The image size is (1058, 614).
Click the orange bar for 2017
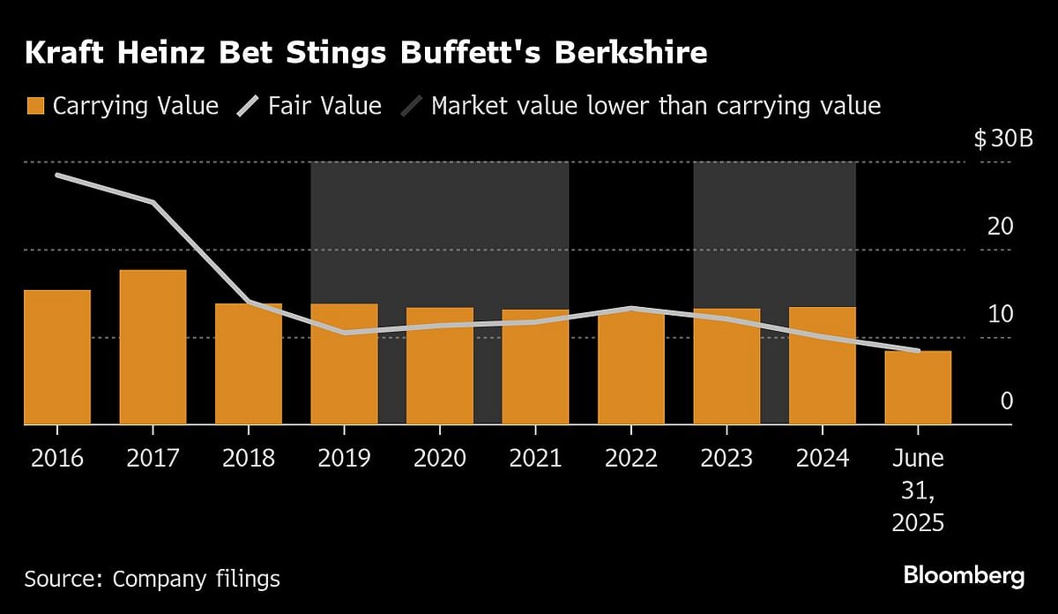153,348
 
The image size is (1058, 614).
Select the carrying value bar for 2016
57,357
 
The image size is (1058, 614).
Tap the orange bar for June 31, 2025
918,388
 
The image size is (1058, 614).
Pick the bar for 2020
439,366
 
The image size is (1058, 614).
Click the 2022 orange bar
630,367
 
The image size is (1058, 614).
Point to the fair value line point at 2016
57,176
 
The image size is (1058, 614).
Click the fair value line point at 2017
153,202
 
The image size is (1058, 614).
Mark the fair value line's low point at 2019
344,333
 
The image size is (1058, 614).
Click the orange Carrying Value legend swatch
35,107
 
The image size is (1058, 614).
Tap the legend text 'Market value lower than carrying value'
655,107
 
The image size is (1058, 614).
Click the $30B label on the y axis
1002,139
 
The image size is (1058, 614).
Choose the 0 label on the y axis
1007,401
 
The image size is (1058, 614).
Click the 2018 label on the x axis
248,459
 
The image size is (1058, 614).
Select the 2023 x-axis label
726,459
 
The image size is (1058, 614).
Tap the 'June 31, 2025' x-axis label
918,490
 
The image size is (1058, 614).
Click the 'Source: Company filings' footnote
152,579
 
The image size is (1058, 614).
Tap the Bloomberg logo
964,576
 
